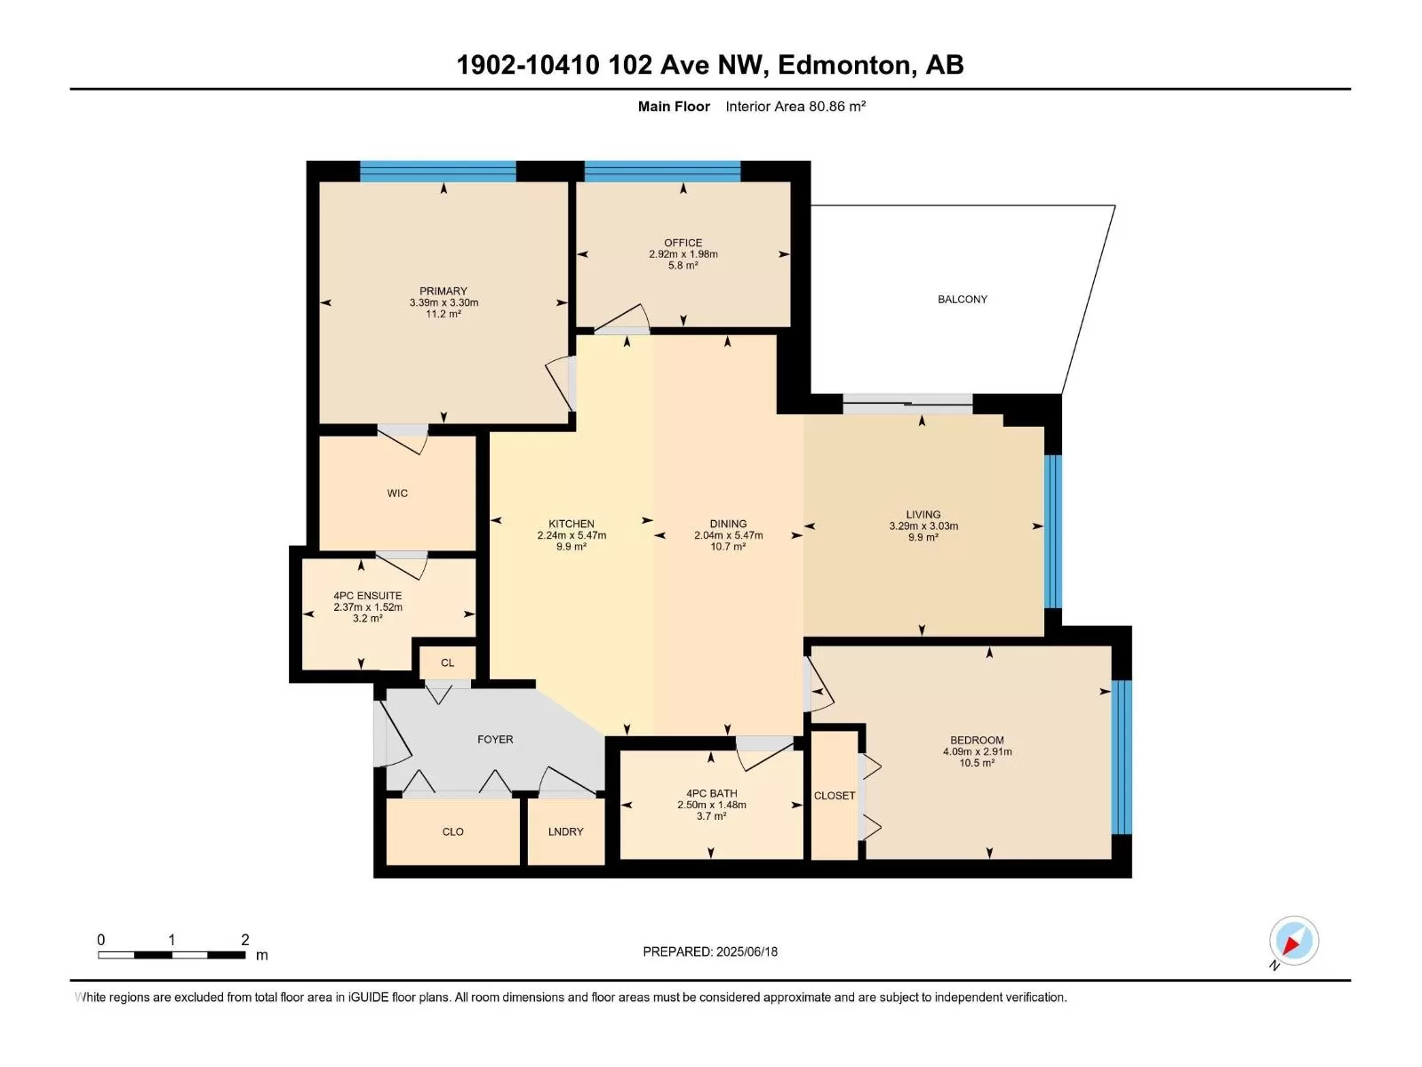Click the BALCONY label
click(962, 300)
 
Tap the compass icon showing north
click(1293, 940)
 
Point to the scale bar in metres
click(172, 955)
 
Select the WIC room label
click(397, 493)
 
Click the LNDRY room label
click(565, 832)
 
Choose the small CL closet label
click(447, 662)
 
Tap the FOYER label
click(495, 739)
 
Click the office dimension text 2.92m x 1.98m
click(683, 254)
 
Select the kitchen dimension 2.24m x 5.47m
click(571, 535)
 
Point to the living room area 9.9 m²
click(923, 537)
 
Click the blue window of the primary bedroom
click(438, 171)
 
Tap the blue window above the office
click(662, 171)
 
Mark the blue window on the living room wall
click(1053, 531)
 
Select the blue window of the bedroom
click(1122, 758)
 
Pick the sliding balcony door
click(907, 404)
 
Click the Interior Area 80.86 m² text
click(795, 106)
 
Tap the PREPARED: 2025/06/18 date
click(710, 951)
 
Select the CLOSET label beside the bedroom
click(835, 796)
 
